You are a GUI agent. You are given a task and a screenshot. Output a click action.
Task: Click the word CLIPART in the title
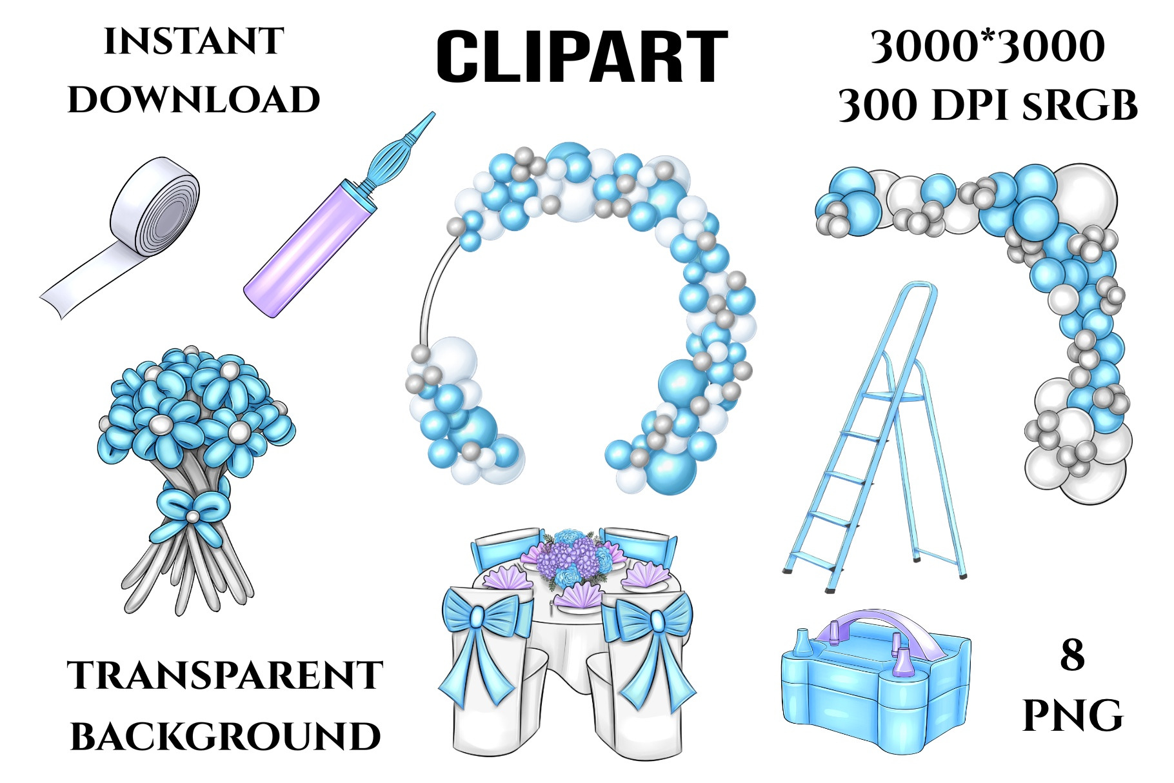point(582,57)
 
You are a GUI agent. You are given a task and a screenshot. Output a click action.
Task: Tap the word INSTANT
point(194,42)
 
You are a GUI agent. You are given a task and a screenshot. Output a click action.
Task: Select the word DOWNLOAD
point(194,100)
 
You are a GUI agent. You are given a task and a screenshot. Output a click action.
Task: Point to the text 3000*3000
point(988,47)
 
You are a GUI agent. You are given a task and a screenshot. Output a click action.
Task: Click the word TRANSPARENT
point(225,675)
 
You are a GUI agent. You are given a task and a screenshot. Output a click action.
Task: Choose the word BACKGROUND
point(225,737)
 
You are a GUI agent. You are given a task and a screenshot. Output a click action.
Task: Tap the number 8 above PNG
point(1072,655)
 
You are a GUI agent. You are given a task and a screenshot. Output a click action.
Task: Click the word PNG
point(1073,716)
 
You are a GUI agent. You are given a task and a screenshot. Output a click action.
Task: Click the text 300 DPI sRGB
point(988,105)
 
